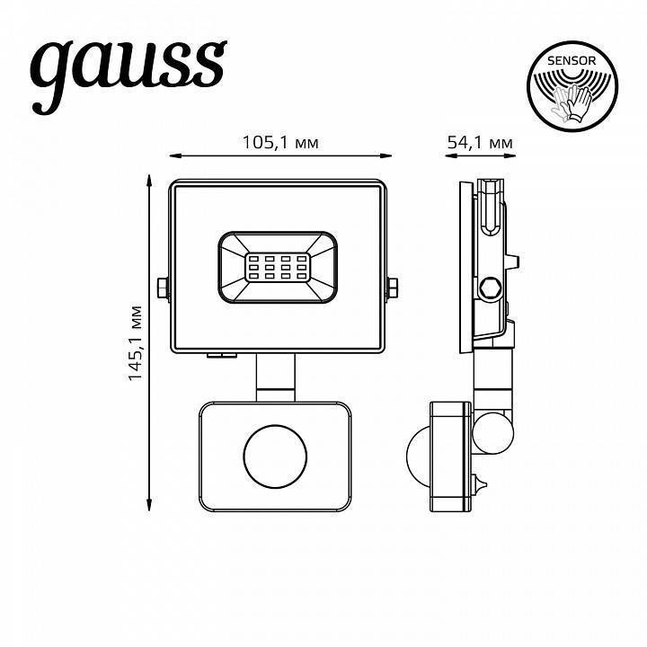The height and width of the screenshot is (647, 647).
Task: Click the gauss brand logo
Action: coord(128,65)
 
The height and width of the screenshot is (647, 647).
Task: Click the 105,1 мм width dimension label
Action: coord(279,142)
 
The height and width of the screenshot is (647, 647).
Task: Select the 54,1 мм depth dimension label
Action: coord(479,142)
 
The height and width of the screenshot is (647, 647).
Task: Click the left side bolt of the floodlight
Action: coord(162,288)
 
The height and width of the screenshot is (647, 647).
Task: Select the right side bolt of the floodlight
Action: coord(394,288)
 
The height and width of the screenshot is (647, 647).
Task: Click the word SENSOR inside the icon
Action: coord(572,60)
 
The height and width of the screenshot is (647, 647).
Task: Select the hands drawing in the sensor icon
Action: coord(572,103)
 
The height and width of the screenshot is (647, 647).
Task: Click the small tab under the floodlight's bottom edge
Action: coord(219,355)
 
